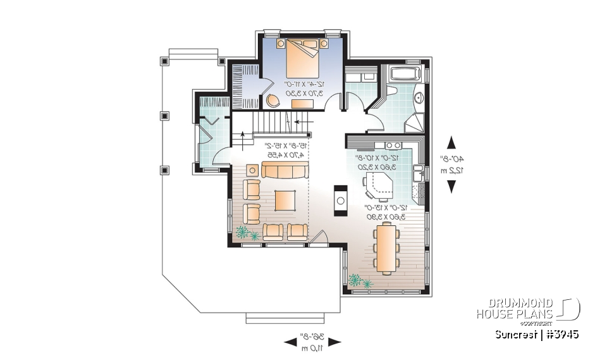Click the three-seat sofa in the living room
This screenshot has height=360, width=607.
click(x=285, y=170)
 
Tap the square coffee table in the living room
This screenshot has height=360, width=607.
click(x=285, y=199)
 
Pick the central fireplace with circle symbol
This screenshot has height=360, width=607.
click(x=340, y=200)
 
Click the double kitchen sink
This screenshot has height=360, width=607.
click(x=418, y=172)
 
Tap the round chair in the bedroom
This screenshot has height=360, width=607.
click(x=273, y=100)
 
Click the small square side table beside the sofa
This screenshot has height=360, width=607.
click(x=252, y=170)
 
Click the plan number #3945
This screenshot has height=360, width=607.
click(x=560, y=334)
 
